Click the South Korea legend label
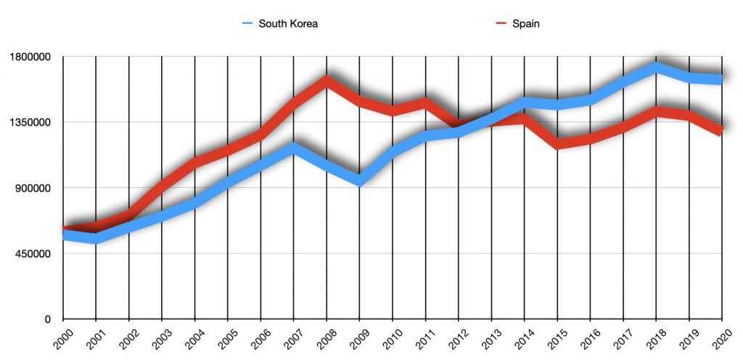[289, 23]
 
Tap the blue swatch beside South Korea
[249, 23]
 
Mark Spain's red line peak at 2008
[327, 80]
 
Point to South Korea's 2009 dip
[359, 180]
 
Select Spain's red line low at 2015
[557, 144]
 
